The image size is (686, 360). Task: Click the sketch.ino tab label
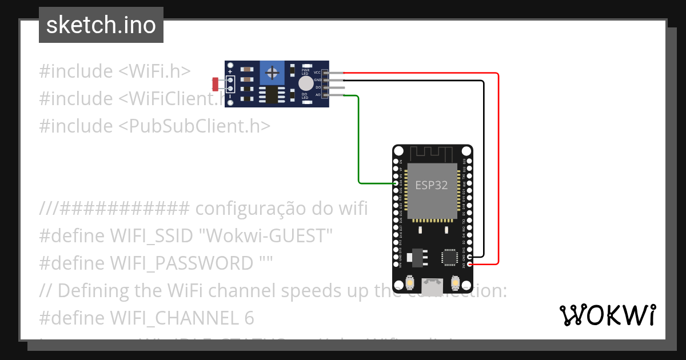pos(101,25)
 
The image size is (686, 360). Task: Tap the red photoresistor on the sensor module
pos(216,84)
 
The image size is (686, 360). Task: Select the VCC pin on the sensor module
pos(326,73)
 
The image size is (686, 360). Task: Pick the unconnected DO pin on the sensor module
pos(326,87)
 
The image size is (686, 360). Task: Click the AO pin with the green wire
pos(326,95)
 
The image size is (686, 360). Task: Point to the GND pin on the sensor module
pos(326,81)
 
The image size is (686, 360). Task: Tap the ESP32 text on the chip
pos(431,186)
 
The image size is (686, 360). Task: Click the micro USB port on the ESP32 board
pos(433,286)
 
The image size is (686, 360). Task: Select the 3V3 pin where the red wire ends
pos(469,264)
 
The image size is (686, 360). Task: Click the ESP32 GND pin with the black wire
pos(469,257)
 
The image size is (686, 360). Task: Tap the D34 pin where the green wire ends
pos(397,183)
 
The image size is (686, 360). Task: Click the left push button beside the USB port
pos(410,282)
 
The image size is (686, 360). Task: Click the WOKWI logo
pos(607,315)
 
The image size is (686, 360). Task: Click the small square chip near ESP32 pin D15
pos(449,258)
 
